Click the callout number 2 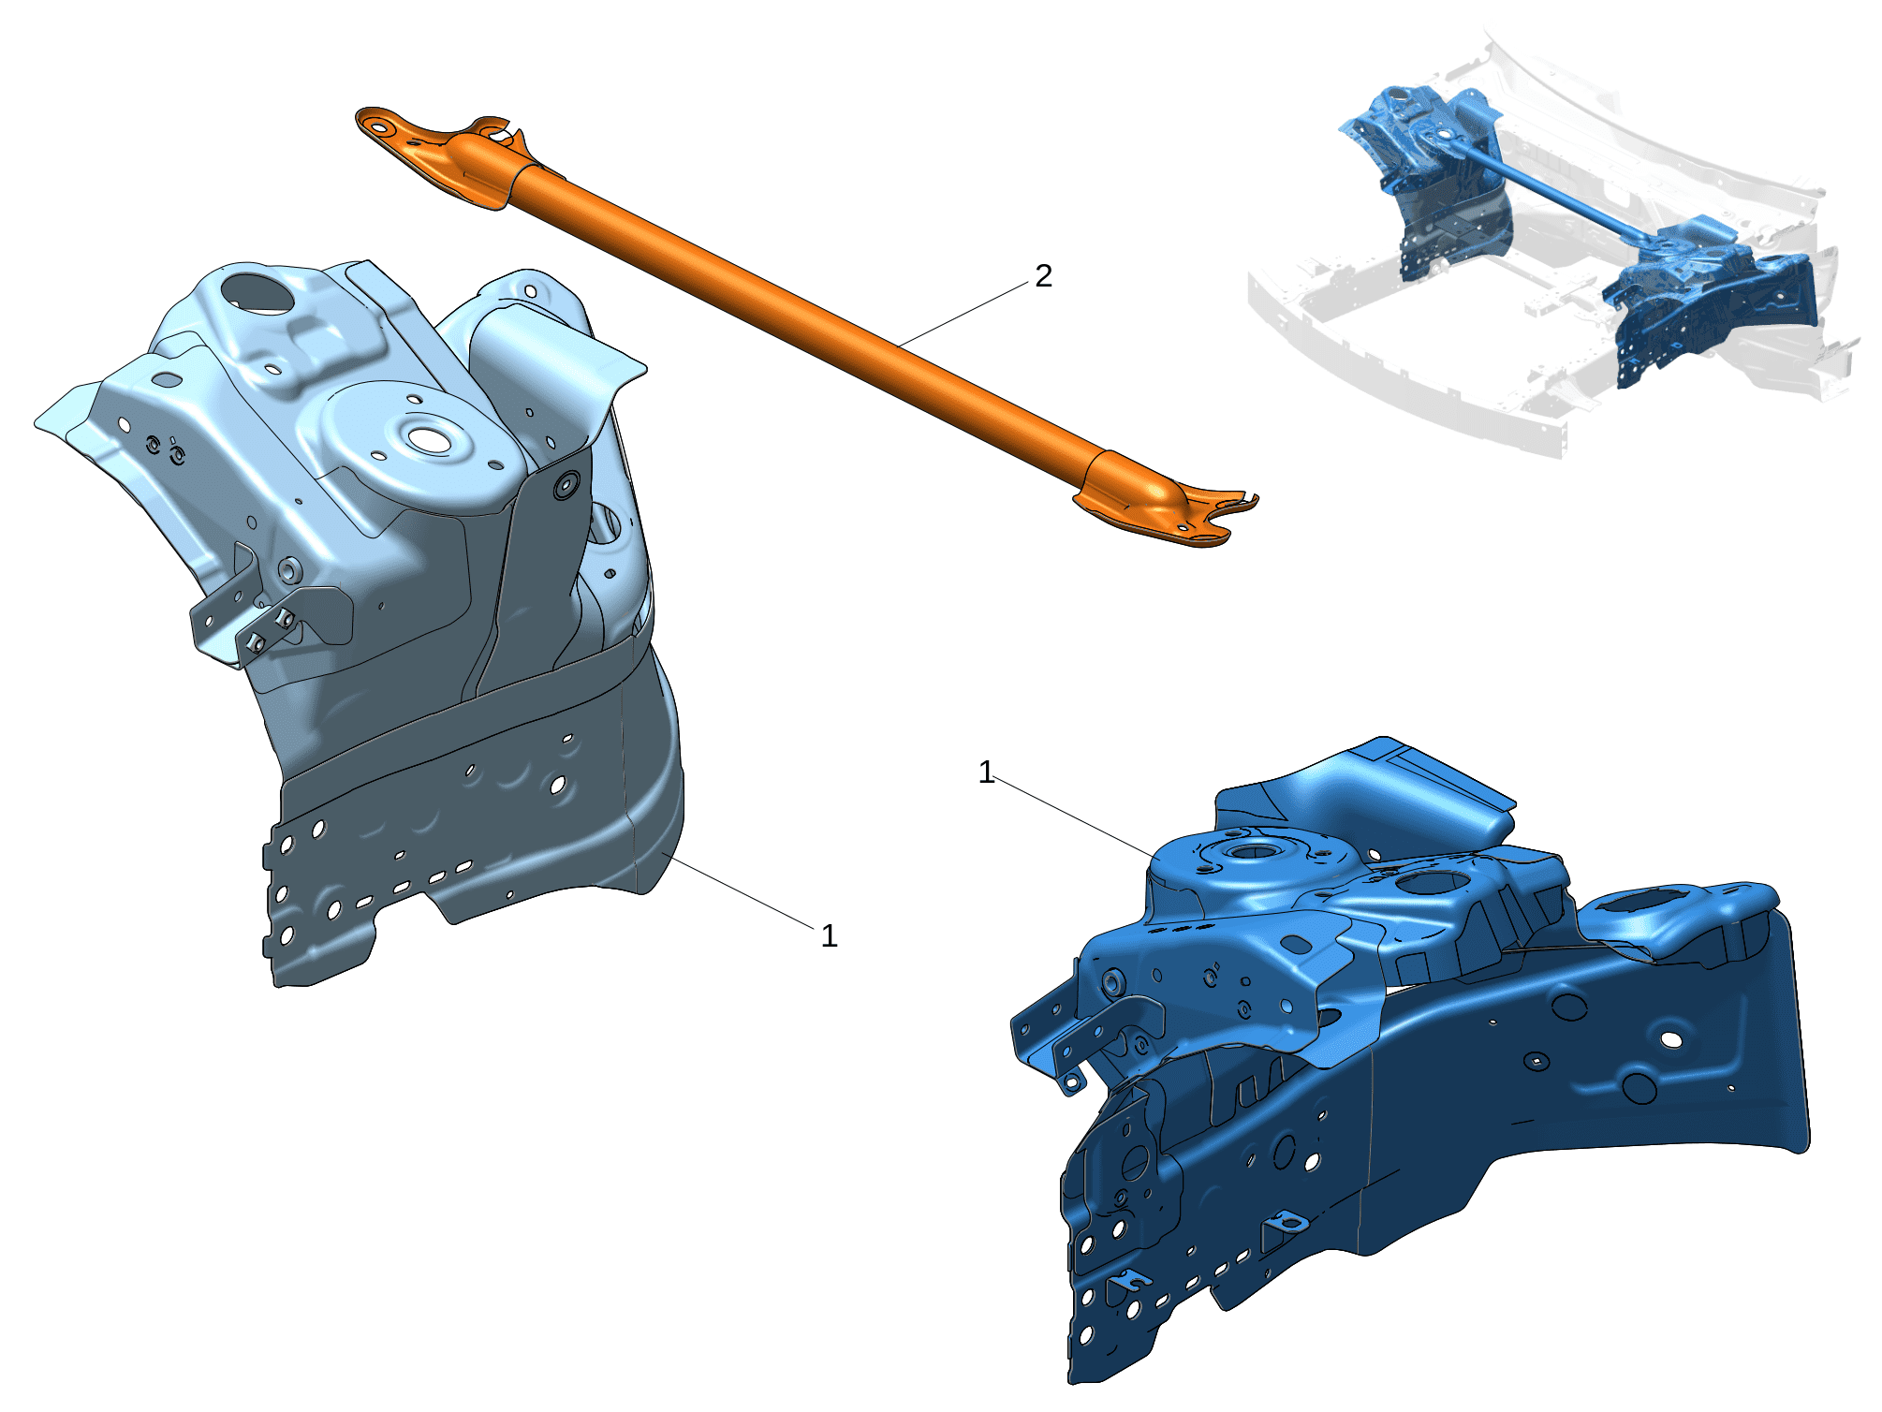(x=1043, y=275)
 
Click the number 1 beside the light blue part (x=829, y=935)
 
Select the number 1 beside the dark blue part (x=985, y=772)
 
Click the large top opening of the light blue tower (x=257, y=293)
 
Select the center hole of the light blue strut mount (x=429, y=437)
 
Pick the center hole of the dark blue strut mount (x=1253, y=851)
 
